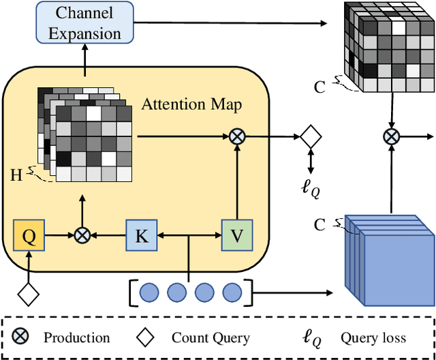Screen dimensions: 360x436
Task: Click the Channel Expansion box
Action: tap(84, 22)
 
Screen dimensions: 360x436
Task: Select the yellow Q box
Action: tap(29, 235)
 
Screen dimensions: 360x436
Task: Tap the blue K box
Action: tap(142, 235)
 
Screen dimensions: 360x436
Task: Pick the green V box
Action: tap(236, 235)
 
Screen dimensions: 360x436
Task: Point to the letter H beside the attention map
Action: tap(16, 174)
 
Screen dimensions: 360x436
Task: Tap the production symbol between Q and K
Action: tap(82, 235)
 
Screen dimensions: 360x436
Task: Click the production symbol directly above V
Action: tap(236, 136)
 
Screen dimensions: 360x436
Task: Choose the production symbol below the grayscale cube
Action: tap(391, 136)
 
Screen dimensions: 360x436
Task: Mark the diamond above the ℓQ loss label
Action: tap(310, 136)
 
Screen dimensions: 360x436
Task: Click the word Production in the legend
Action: tap(76, 337)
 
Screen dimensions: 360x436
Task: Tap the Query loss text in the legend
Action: tap(373, 337)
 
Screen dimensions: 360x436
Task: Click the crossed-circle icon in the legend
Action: tap(21, 337)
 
